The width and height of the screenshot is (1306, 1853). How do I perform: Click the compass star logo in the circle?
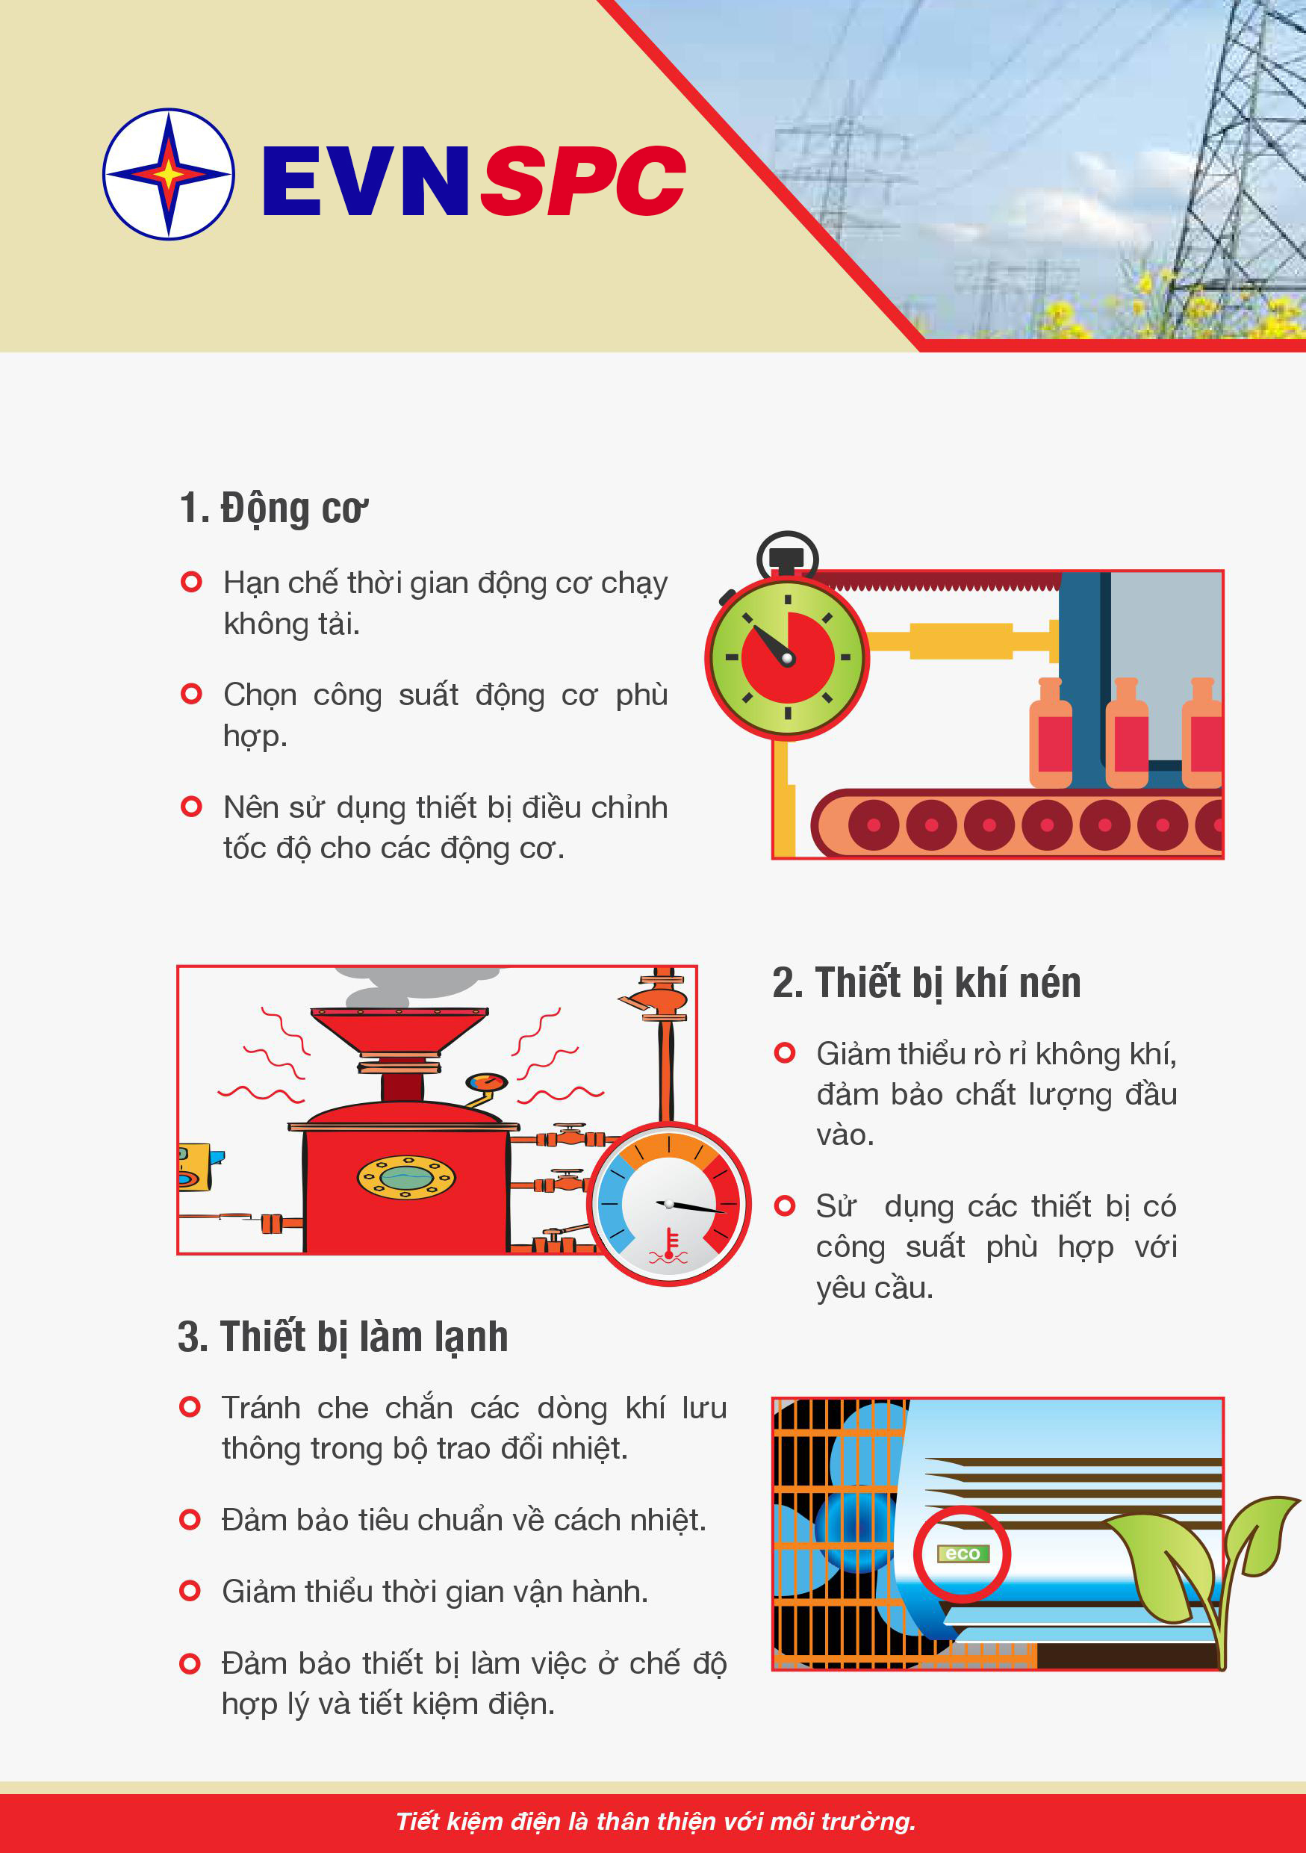[169, 173]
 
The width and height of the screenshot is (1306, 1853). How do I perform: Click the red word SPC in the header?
[583, 181]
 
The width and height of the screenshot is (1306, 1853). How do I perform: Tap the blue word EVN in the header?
[365, 181]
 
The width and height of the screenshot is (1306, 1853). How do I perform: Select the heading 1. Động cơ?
[273, 509]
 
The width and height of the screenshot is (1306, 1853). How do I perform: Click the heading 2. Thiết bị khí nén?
[927, 984]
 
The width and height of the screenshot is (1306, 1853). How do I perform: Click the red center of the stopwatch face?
[787, 658]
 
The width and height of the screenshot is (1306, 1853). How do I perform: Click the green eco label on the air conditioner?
[963, 1554]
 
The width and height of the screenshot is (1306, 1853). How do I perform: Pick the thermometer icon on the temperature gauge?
[670, 1247]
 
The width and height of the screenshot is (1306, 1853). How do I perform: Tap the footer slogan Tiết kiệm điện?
[656, 1822]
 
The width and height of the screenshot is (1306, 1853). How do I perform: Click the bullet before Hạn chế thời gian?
[191, 581]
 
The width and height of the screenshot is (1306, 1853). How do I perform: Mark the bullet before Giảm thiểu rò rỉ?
[784, 1052]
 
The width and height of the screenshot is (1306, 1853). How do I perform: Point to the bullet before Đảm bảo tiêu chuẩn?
[190, 1520]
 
